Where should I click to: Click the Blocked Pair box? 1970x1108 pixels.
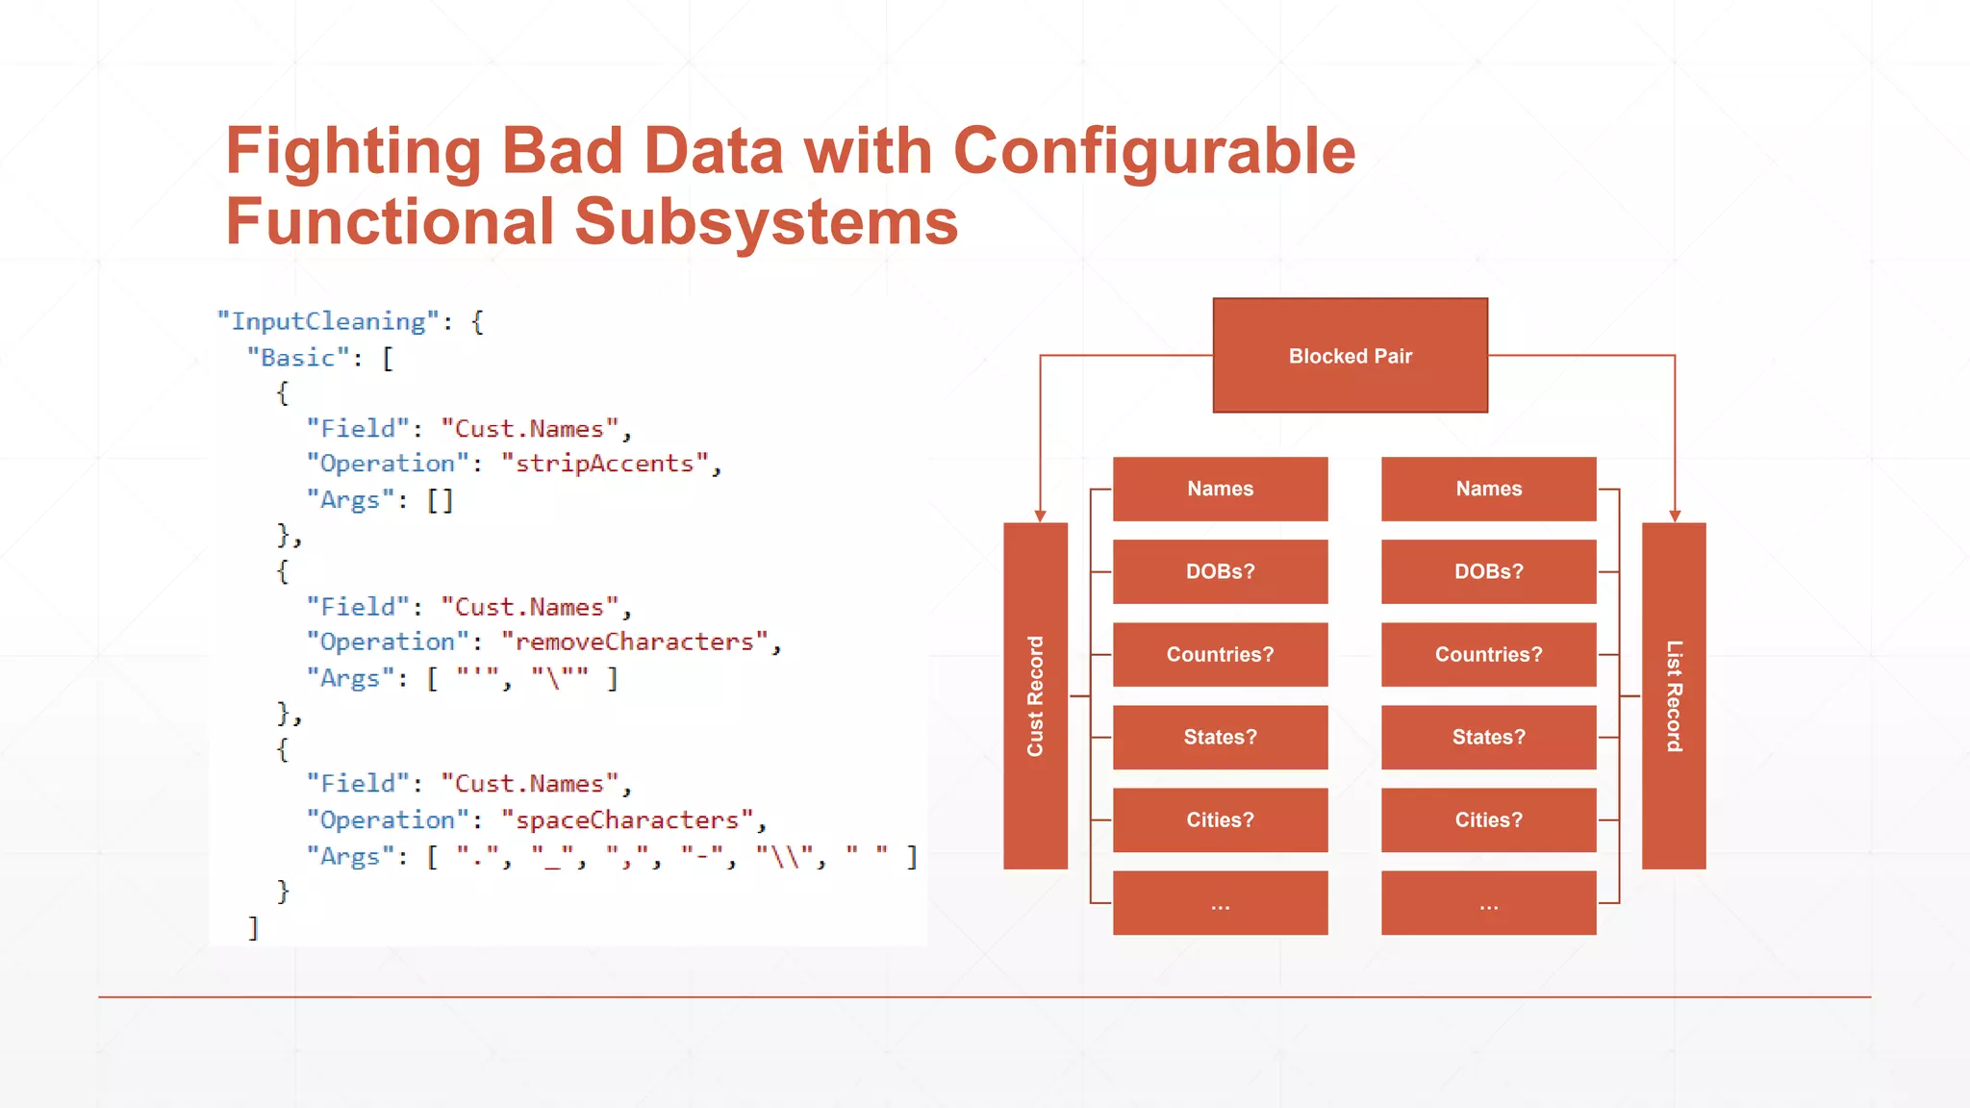1350,356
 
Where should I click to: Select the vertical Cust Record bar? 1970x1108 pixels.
1035,695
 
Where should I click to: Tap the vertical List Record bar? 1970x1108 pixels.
1674,695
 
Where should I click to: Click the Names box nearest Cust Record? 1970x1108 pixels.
1220,489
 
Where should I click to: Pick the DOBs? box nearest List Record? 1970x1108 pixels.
1488,571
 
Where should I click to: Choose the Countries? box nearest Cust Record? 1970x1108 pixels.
1220,654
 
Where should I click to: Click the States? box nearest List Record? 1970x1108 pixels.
1488,737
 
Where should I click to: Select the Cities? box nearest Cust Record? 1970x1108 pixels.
1220,819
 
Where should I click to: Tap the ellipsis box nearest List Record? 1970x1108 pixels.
1488,903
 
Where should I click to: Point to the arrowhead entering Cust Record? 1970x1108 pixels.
1040,516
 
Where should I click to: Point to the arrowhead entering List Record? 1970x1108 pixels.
1675,516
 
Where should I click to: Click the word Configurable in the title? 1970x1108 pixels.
1153,152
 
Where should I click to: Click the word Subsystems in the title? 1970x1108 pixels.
766,222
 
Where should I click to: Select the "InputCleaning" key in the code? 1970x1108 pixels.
328,321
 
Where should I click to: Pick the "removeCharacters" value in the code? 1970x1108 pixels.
634,642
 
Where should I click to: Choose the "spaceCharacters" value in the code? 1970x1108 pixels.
626,820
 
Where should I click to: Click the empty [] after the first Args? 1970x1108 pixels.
440,500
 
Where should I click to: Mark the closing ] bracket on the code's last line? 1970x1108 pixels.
253,928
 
